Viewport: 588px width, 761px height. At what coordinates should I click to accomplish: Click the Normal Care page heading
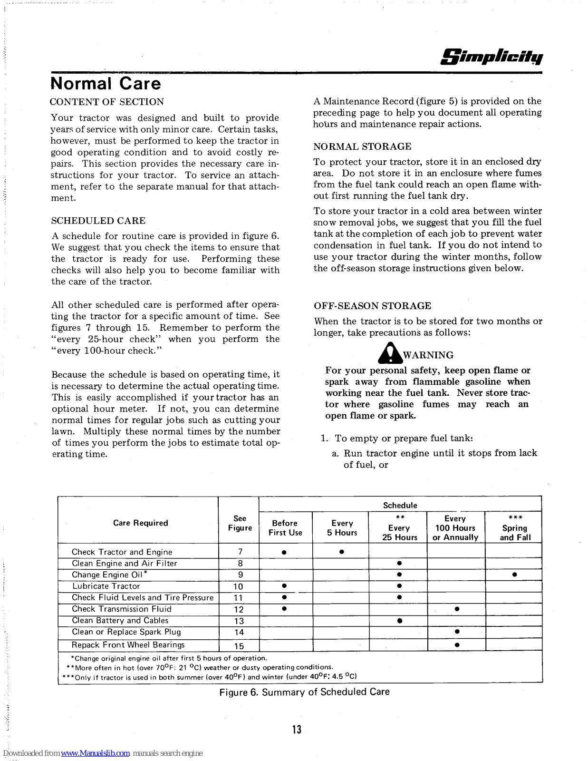click(x=106, y=84)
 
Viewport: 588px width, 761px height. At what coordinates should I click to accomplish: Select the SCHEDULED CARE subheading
click(x=98, y=221)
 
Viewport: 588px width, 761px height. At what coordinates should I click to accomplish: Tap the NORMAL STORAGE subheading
click(x=362, y=146)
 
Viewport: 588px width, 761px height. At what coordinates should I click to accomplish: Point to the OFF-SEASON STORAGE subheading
click(x=372, y=306)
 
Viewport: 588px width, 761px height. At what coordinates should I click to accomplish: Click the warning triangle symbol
click(x=390, y=353)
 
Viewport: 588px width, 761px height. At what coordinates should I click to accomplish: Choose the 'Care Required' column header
click(x=140, y=523)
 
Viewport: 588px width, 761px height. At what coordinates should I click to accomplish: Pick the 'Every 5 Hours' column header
click(x=342, y=528)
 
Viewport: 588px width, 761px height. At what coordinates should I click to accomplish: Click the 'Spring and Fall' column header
click(x=515, y=528)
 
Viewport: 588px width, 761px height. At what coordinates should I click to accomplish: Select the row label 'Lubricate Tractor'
click(x=106, y=586)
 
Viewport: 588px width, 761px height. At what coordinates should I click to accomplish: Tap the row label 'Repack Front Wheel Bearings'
click(x=128, y=645)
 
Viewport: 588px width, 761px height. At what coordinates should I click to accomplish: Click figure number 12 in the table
click(x=239, y=610)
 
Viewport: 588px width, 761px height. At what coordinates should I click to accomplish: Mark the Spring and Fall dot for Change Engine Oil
click(x=514, y=575)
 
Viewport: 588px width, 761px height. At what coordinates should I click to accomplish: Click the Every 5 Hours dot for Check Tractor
click(x=341, y=552)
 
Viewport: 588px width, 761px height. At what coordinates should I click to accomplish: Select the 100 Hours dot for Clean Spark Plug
click(x=457, y=632)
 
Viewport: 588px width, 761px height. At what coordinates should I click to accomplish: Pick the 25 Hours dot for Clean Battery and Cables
click(x=399, y=621)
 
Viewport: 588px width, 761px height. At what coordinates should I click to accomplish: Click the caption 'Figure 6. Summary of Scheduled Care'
click(x=304, y=692)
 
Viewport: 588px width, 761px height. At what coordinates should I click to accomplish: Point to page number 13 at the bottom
click(x=297, y=730)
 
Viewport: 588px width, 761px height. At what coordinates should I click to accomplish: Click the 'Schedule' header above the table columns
click(x=400, y=506)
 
